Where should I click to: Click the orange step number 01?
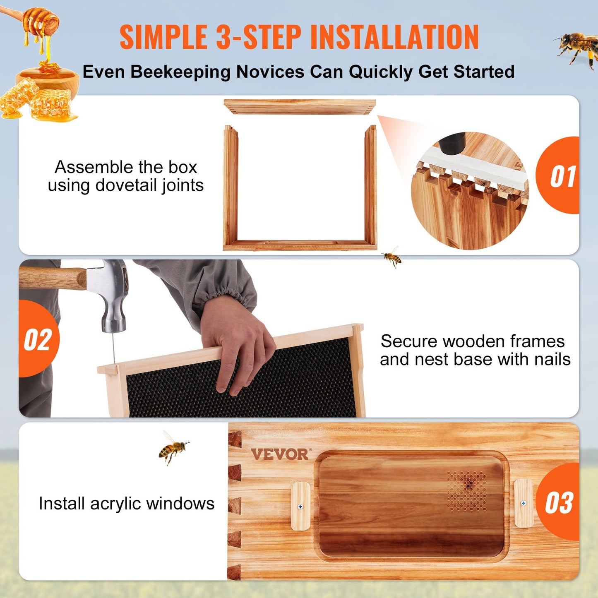(562, 176)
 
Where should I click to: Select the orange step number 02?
(38, 340)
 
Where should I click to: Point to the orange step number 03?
(559, 503)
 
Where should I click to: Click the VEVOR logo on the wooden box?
(280, 454)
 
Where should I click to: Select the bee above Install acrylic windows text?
(173, 448)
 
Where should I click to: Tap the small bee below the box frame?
(392, 257)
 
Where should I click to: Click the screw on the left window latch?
(300, 507)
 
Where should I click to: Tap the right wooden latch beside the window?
(524, 503)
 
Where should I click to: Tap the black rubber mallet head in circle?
(452, 142)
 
